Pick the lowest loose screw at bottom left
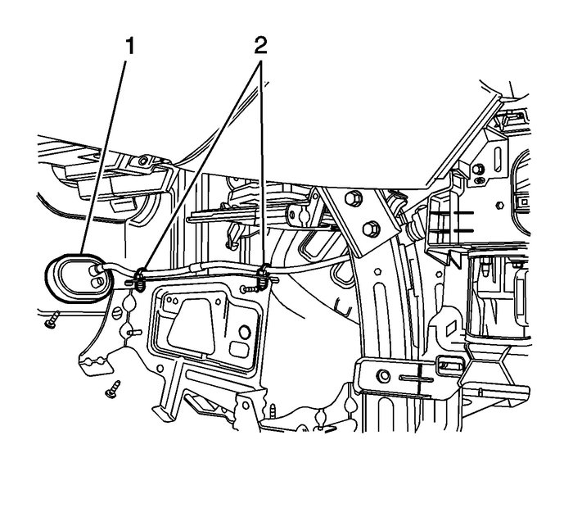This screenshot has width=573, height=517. pyautogui.click(x=113, y=388)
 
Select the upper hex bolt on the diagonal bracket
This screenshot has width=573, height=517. pyautogui.click(x=354, y=197)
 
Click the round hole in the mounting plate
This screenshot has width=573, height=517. pyautogui.click(x=242, y=333)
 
